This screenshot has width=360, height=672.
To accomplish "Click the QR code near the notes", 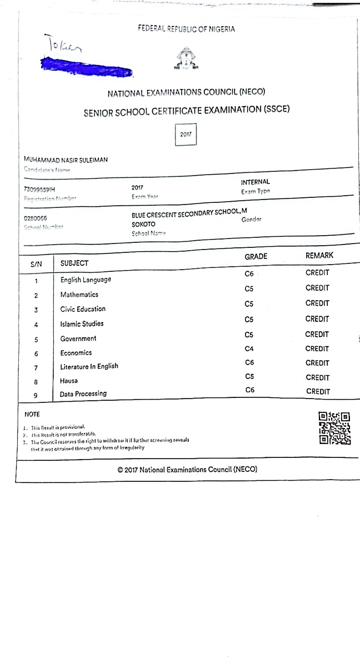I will pos(334,428).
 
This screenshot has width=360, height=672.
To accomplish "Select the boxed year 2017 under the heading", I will pos(186,135).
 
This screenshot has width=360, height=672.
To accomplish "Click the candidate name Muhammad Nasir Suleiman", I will pos(66,160).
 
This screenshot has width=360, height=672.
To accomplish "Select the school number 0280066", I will pos(36,218).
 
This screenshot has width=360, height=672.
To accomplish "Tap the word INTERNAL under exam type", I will pos(256,182).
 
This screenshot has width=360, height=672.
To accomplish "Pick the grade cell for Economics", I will pos(249,349).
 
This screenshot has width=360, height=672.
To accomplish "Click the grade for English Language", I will pos(249,273).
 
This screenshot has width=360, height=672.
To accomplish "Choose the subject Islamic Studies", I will pos(82,323).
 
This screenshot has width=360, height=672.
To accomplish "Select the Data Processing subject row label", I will pos(83,394).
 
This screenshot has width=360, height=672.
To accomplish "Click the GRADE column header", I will pos(256,256).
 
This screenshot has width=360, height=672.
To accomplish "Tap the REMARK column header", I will pos(319,256).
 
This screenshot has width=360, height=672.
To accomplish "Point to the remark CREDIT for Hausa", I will pos(318,377).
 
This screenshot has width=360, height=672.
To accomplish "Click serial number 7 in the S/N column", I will pos(36,368).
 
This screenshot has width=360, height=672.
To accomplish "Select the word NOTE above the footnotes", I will pos(32,414).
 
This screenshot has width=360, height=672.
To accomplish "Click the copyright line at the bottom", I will pos(187,470).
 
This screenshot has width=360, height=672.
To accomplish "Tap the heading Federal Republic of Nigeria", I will pos(187,29).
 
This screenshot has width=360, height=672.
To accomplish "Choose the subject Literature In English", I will pos(89,366).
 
